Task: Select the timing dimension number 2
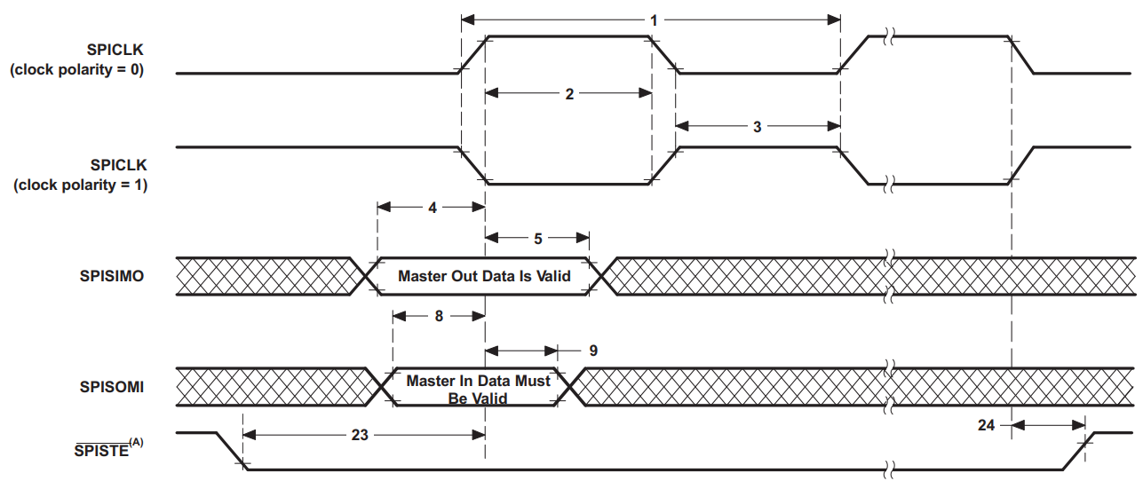pyautogui.click(x=569, y=93)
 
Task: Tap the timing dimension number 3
pyautogui.click(x=757, y=127)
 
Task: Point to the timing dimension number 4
pyautogui.click(x=432, y=208)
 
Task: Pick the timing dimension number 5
pyautogui.click(x=538, y=238)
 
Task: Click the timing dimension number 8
pyautogui.click(x=439, y=316)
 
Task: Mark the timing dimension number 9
pyautogui.click(x=592, y=351)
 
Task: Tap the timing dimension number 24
pyautogui.click(x=987, y=425)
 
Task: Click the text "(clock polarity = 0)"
pyautogui.click(x=76, y=70)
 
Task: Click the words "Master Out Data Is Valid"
pyautogui.click(x=484, y=276)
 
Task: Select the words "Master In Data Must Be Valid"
pyautogui.click(x=478, y=389)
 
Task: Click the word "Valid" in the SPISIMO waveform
pyautogui.click(x=552, y=276)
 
